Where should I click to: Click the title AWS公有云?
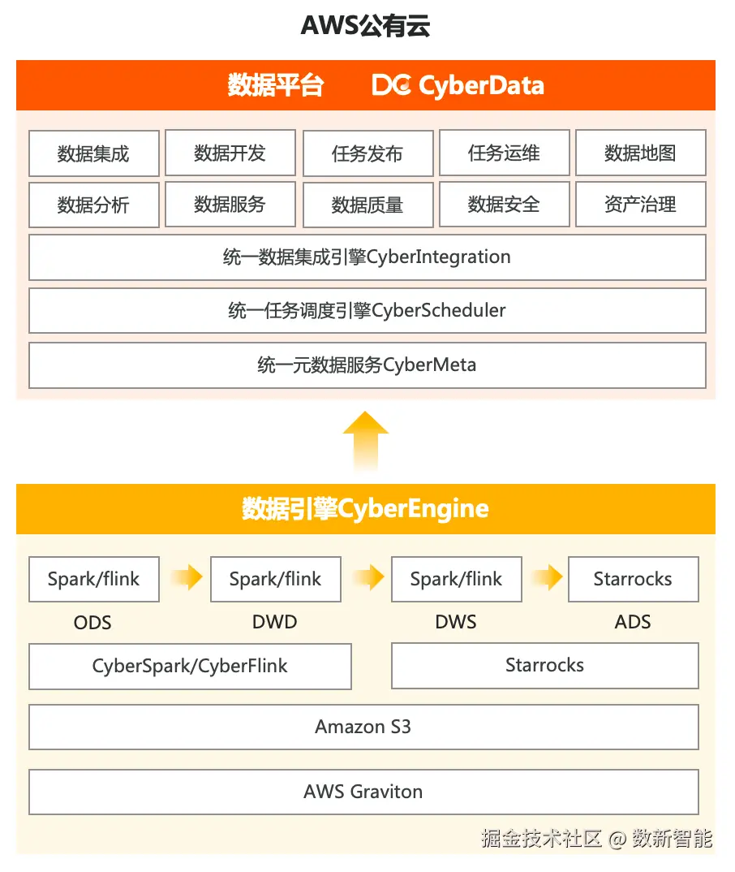pos(365,26)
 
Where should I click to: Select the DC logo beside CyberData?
pos(392,85)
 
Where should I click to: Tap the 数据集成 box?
pos(93,153)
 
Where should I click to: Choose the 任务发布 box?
pos(367,153)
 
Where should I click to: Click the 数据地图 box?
pos(640,153)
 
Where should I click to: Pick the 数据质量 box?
pos(367,205)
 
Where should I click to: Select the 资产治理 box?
pos(640,205)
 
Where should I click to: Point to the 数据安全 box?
pos(504,205)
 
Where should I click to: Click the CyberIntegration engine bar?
pos(367,257)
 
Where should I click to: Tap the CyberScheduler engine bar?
pos(367,310)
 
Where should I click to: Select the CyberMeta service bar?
pos(367,365)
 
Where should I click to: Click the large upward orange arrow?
pos(366,439)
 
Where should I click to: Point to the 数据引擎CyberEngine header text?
pos(366,509)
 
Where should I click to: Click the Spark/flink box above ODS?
pos(93,579)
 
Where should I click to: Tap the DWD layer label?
pos(275,622)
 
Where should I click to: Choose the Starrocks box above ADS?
pos(633,579)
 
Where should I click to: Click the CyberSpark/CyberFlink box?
pos(190,667)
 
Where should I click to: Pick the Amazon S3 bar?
pos(363,727)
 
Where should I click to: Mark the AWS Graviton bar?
pos(363,792)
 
